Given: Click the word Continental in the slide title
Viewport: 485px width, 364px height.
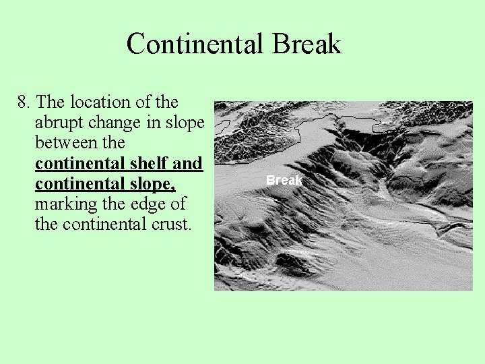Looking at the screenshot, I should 195,44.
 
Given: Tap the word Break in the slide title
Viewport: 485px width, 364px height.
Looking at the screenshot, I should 306,44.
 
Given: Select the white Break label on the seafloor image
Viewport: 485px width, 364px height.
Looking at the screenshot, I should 284,181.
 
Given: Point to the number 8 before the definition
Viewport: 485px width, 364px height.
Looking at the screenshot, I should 23,102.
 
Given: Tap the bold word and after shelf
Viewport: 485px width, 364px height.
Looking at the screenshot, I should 191,163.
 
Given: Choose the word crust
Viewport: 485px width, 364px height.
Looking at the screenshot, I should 171,224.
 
